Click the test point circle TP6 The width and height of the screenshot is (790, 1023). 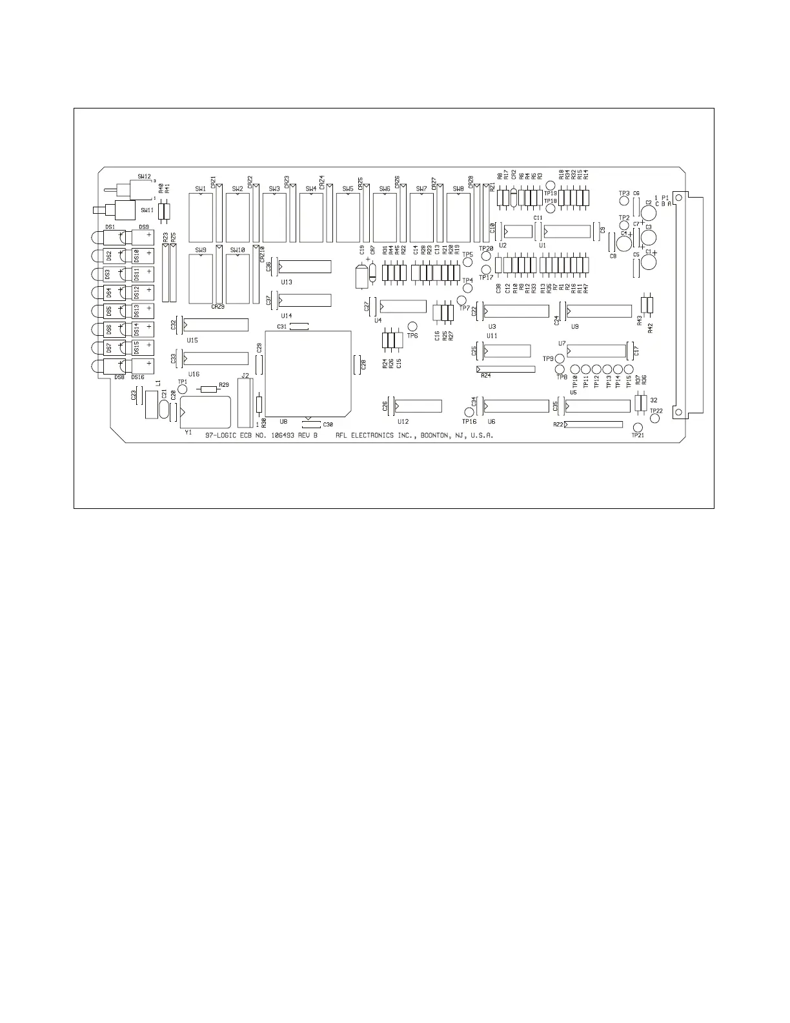[412, 327]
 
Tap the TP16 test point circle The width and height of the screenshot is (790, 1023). [469, 412]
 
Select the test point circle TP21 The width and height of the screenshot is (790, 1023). [638, 428]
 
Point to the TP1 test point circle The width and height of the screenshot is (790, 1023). [182, 389]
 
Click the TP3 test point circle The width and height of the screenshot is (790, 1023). [624, 201]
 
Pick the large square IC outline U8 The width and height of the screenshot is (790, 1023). [309, 373]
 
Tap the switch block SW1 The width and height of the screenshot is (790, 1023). [201, 217]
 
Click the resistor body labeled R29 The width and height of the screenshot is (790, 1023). [208, 389]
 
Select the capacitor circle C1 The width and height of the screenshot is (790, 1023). [649, 262]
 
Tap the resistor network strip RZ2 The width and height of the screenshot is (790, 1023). [593, 424]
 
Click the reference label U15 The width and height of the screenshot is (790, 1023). [192, 339]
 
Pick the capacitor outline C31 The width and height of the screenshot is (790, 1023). [299, 327]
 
